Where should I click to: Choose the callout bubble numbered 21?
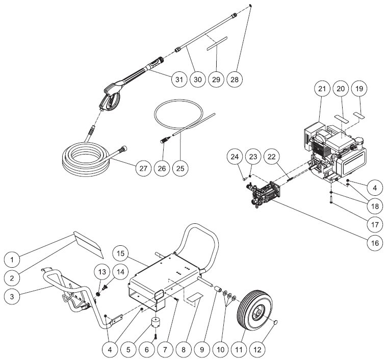[x=321, y=89]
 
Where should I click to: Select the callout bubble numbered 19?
[x=360, y=89]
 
